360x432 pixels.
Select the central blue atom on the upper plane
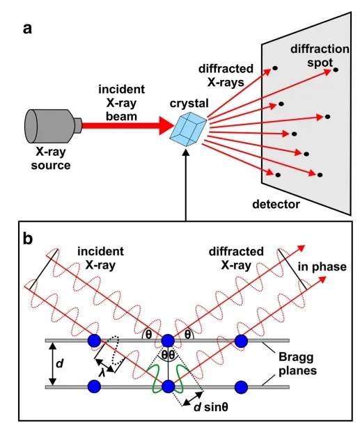tap(168, 341)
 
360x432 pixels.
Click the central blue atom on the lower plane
tap(168, 386)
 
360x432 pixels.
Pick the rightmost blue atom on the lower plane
tap(241, 386)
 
